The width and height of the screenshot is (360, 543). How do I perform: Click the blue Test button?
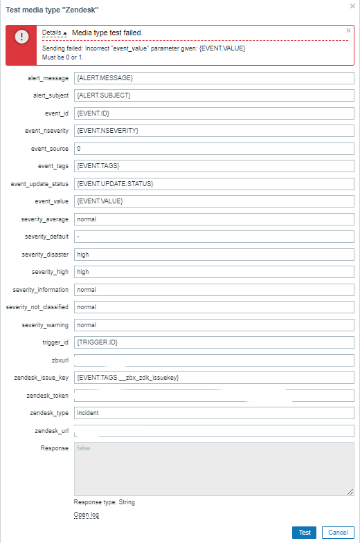coord(304,533)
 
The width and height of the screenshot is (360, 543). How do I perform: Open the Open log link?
coord(87,515)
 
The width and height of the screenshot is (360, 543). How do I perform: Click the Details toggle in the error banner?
coord(55,33)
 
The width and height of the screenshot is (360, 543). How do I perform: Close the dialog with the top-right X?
coord(352,6)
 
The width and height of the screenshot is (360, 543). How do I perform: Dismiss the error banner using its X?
coord(348,30)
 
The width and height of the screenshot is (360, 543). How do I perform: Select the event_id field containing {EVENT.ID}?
coord(214,113)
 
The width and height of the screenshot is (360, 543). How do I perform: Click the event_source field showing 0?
coord(214,148)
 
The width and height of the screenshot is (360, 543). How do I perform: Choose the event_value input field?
coord(214,201)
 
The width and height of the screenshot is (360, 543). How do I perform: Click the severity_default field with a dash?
coord(214,237)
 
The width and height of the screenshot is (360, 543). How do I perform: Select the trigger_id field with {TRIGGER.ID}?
coord(214,342)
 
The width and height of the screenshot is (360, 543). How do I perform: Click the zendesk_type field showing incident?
coord(214,413)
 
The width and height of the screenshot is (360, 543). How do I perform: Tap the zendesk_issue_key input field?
coord(214,378)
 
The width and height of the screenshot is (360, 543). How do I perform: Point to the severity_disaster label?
coord(44,255)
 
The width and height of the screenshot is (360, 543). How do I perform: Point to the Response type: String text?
coord(105,502)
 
